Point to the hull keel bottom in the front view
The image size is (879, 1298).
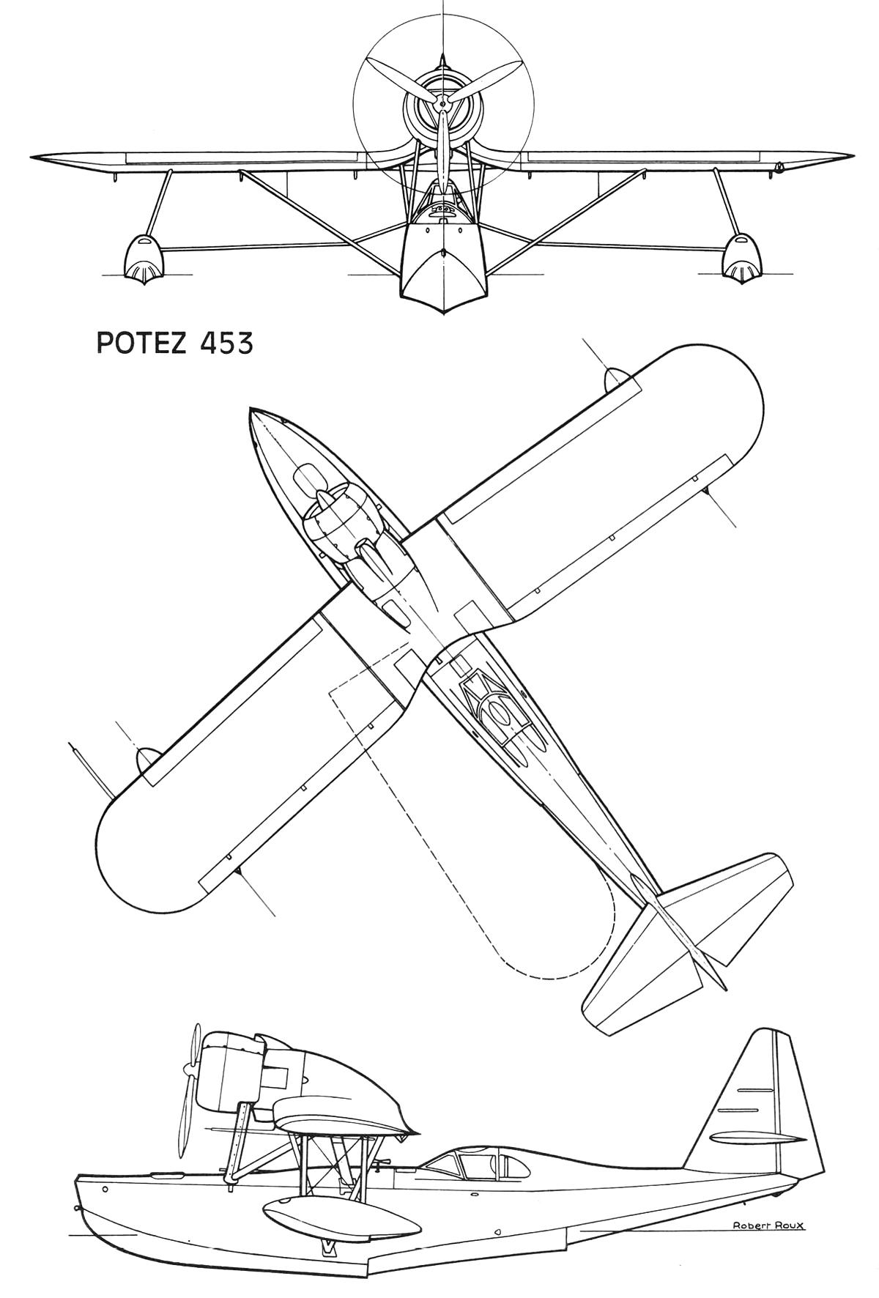pyautogui.click(x=444, y=311)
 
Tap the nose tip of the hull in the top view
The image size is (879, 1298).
pyautogui.click(x=252, y=411)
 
